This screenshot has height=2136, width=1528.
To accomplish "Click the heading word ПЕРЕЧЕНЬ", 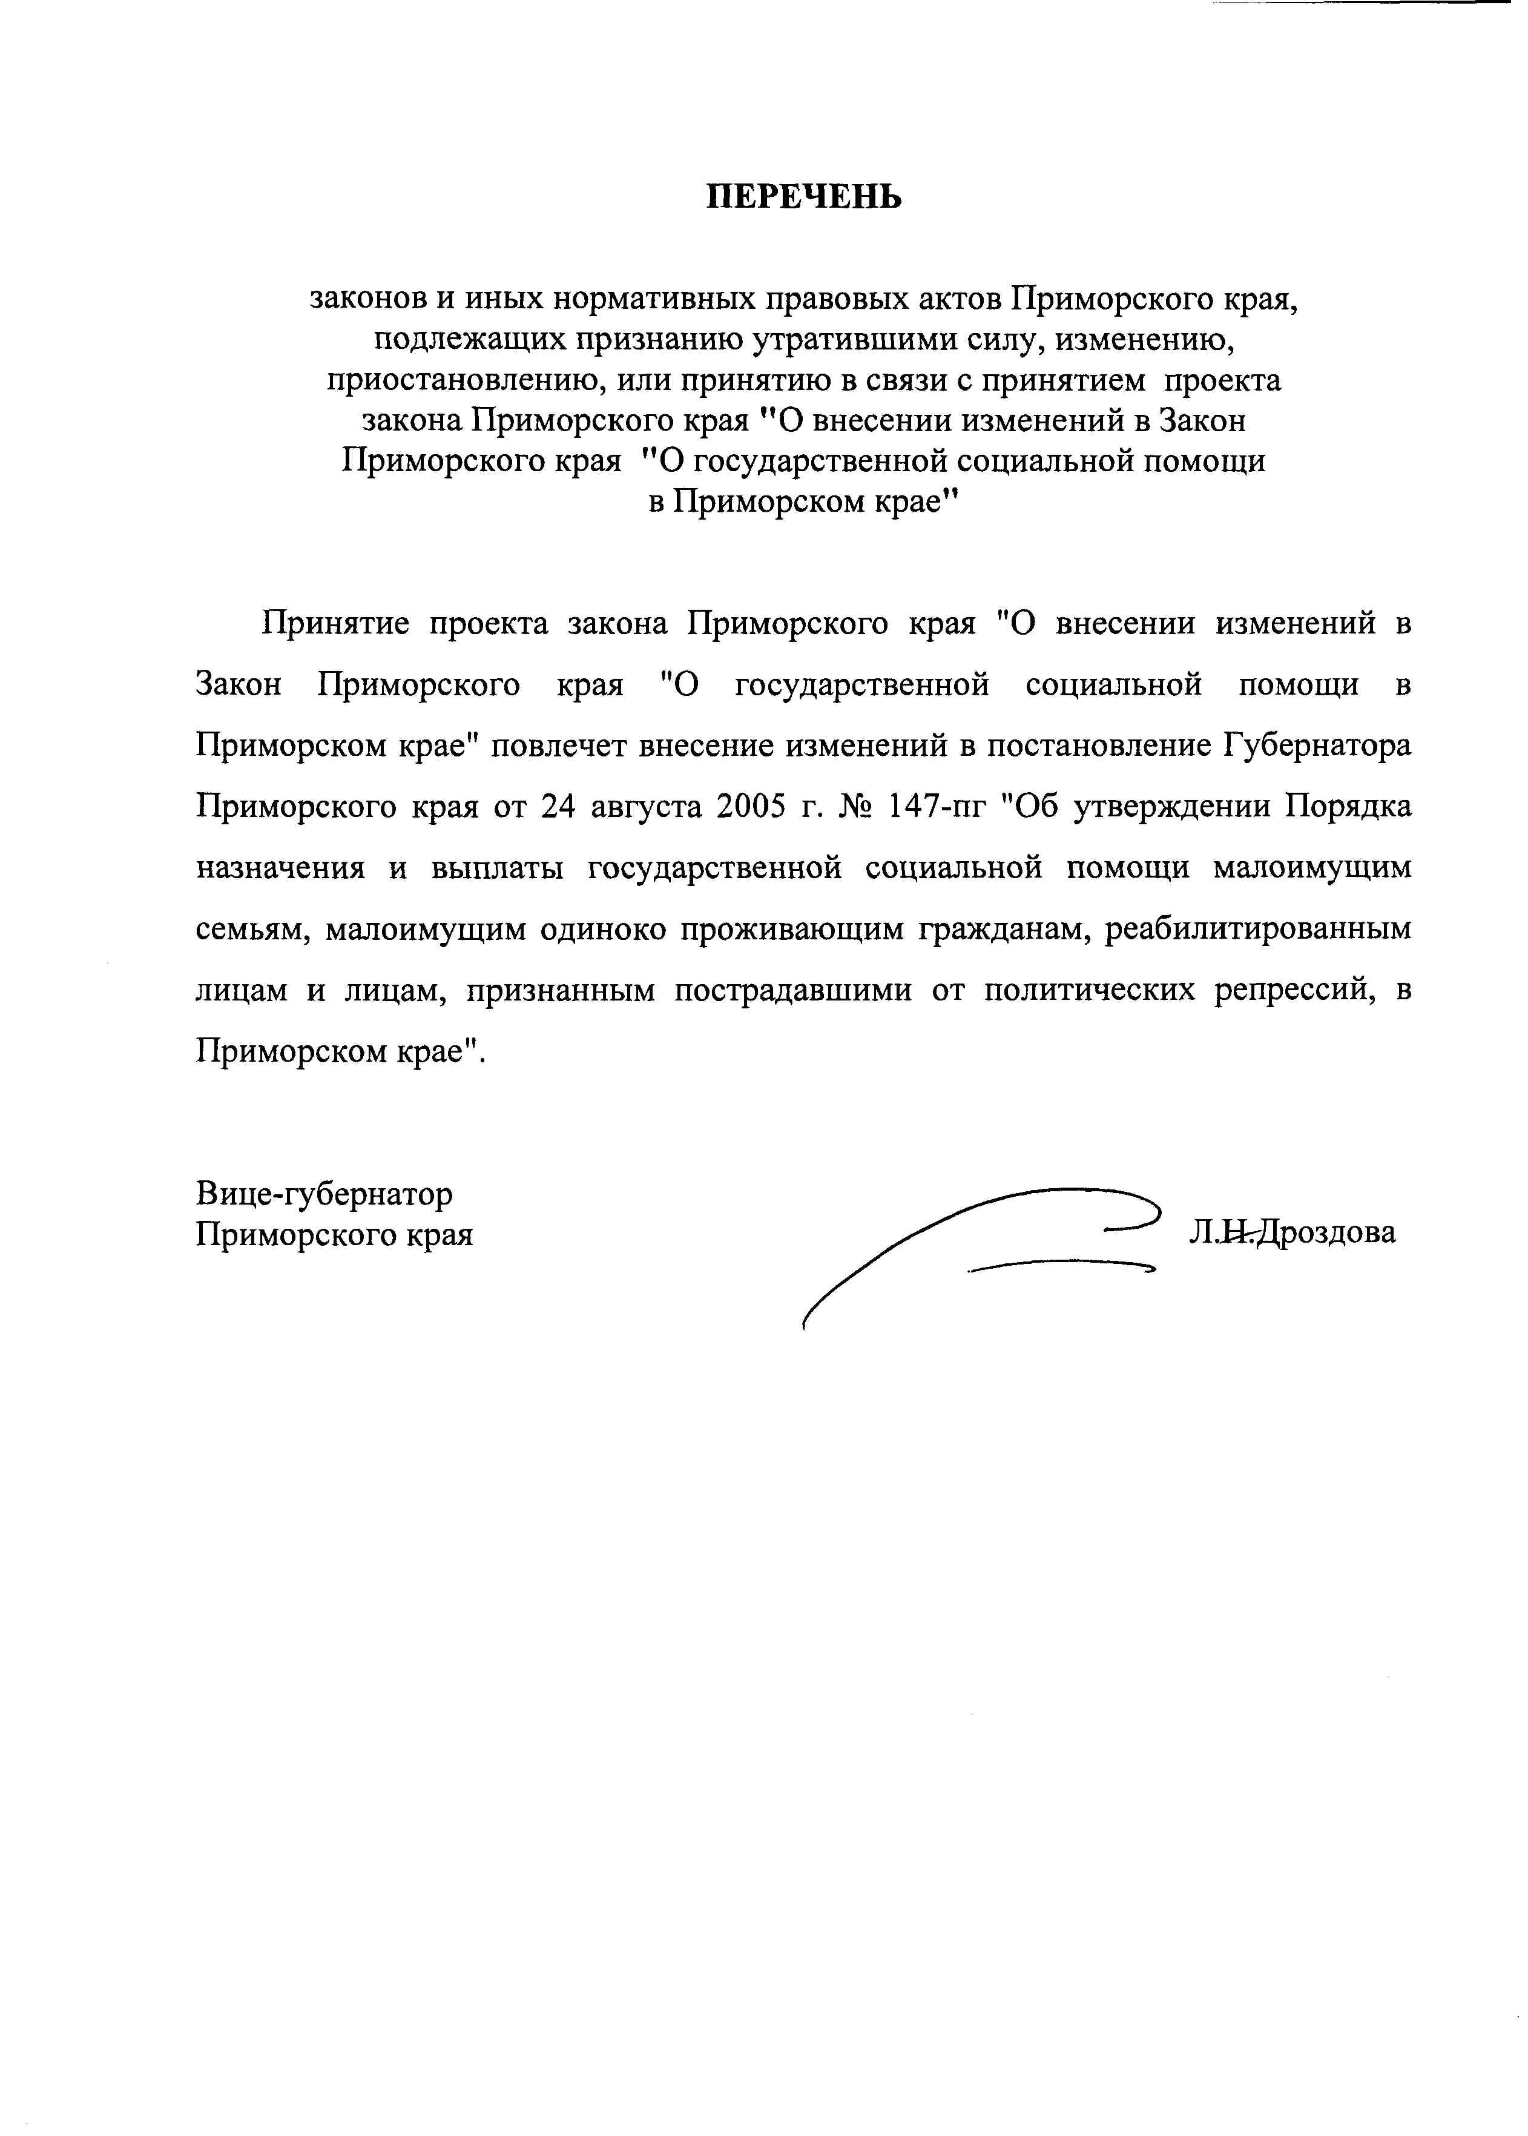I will click(805, 197).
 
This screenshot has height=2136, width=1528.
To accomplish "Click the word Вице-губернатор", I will click(324, 1194).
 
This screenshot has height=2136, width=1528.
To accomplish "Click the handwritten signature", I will click(978, 1242).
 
